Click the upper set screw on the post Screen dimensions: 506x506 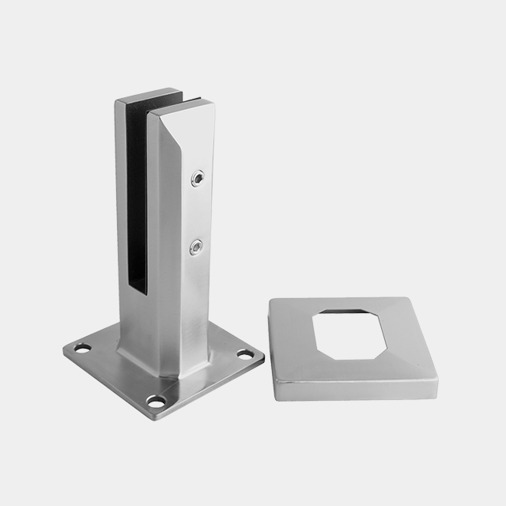click(x=196, y=178)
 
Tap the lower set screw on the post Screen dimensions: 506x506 click(x=194, y=249)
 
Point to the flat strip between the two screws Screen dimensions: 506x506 click(x=195, y=213)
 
